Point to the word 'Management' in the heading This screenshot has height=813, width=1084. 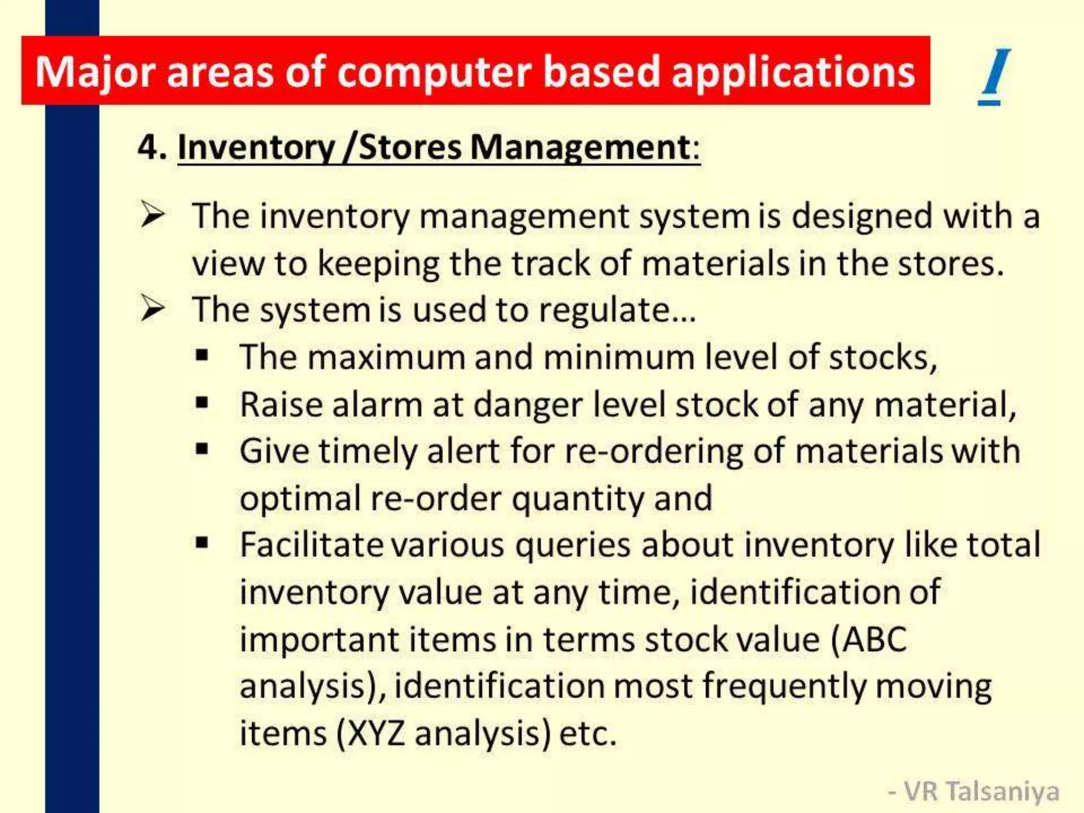(x=581, y=147)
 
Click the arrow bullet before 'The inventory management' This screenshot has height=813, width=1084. (x=152, y=215)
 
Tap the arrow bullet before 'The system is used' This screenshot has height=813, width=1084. (x=152, y=309)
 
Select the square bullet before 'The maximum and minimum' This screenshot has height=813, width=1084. (x=202, y=355)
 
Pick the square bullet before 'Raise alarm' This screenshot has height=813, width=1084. (x=202, y=403)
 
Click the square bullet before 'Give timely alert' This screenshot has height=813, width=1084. (x=202, y=449)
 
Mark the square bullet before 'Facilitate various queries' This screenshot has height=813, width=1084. (x=202, y=543)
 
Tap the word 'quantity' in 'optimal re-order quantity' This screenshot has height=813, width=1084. (x=577, y=499)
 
